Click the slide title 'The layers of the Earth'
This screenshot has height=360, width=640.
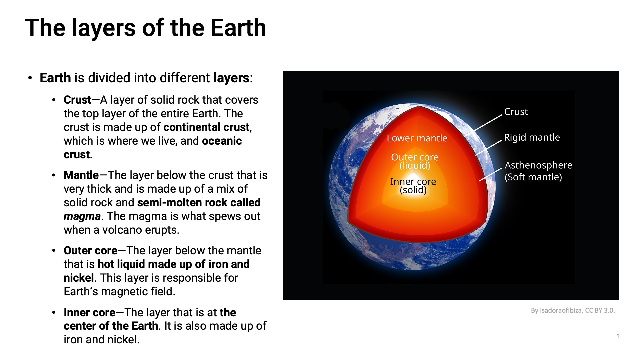[146, 28]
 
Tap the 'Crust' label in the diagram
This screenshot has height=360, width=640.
[516, 112]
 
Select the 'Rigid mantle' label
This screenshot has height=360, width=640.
[532, 137]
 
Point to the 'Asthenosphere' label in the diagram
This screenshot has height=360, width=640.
[538, 165]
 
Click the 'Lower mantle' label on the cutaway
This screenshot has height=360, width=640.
[417, 138]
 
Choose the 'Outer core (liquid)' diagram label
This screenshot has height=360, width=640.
[415, 161]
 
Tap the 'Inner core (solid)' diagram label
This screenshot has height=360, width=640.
[413, 186]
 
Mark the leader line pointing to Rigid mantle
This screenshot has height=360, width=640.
[488, 148]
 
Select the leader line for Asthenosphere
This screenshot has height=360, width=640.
[490, 174]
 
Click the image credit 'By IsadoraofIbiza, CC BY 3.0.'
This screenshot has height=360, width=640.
[573, 310]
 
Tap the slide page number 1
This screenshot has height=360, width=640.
[618, 336]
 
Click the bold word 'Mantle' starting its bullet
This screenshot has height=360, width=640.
[81, 175]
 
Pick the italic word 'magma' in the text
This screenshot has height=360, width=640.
[82, 217]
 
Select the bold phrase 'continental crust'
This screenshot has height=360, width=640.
[206, 127]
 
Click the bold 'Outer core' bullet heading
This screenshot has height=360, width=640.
[90, 250]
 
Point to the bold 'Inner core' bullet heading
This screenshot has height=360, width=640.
[89, 312]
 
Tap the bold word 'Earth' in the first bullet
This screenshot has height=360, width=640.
[55, 78]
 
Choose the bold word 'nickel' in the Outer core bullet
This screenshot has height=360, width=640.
[79, 278]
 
